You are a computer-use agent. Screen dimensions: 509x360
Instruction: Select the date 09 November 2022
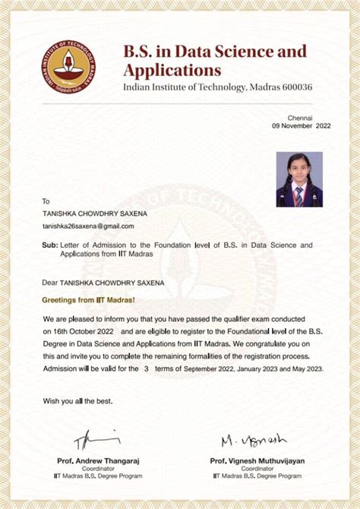pos(302,126)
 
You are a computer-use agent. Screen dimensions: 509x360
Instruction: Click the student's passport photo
pos(298,179)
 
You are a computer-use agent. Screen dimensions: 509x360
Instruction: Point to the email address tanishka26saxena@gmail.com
pos(87,226)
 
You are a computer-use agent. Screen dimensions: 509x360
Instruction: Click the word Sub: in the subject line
pos(50,245)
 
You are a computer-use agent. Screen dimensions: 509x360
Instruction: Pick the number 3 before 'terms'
pos(146,368)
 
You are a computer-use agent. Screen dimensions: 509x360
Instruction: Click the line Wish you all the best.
pos(77,400)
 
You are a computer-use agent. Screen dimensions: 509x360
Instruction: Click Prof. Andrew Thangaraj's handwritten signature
pos(97,440)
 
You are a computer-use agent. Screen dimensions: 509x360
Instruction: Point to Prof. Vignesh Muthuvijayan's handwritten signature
pos(254,441)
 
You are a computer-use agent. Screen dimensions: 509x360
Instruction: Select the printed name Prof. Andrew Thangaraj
pos(98,460)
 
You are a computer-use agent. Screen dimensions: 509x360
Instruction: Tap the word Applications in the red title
pos(172,71)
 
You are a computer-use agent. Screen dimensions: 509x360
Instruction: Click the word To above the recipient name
pos(46,201)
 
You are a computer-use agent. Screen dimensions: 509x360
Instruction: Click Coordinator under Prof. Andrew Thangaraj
pos(98,469)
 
